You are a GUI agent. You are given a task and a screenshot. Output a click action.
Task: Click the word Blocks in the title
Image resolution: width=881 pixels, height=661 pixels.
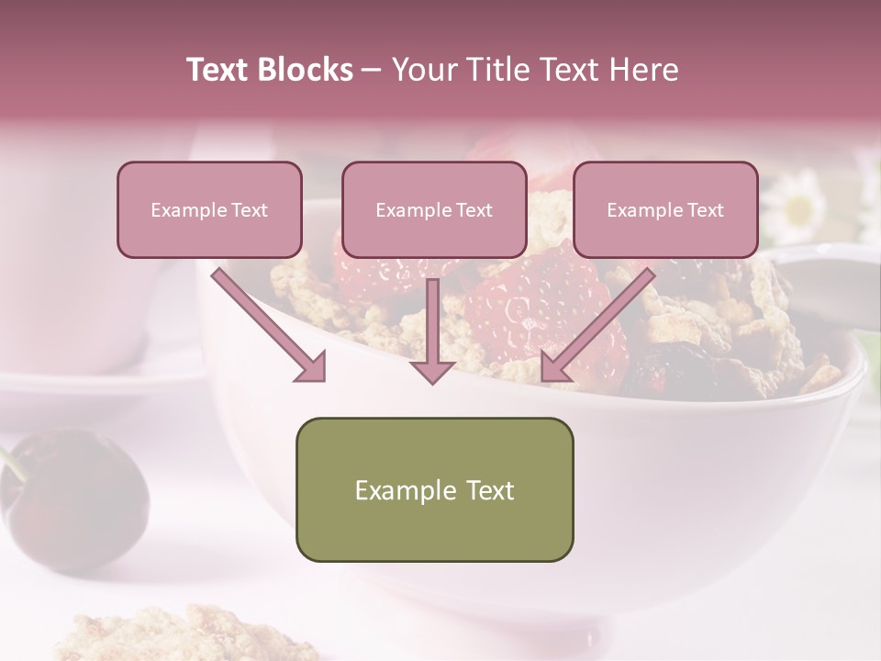coord(305,70)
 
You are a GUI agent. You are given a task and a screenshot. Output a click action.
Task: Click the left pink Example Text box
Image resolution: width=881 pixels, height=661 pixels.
coord(209,210)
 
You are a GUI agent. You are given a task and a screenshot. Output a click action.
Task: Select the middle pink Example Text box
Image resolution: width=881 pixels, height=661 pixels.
coord(434,210)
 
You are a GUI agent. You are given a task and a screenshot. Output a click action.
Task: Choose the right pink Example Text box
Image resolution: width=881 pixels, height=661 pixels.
coord(665,210)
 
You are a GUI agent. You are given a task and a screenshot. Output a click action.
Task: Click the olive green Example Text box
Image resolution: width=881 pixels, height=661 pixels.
coord(434,489)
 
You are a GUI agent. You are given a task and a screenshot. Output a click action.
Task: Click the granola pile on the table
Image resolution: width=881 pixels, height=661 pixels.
coord(184,635)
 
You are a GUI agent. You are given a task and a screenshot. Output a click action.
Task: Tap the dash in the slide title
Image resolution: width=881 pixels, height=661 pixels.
coord(372,70)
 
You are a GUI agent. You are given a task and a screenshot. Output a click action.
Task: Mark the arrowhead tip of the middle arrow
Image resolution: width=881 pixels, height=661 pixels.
coord(432,380)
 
